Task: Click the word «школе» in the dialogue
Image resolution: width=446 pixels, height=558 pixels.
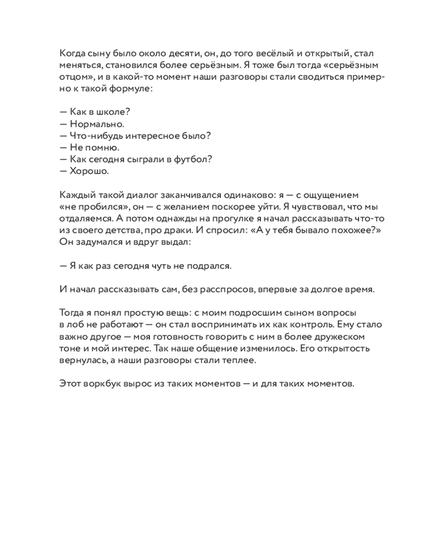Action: point(113,112)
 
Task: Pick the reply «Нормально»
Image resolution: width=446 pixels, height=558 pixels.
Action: point(97,124)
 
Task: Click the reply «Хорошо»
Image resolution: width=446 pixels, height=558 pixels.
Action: point(89,171)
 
